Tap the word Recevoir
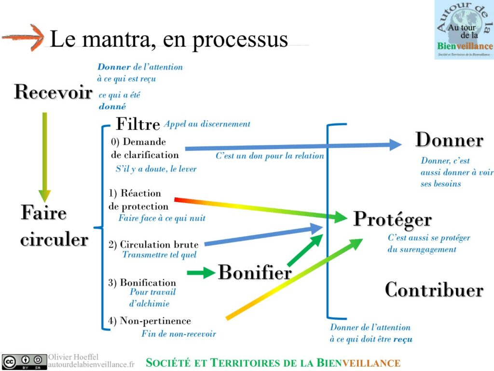tap(53, 92)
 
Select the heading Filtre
tap(138, 124)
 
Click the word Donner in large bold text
tap(449, 140)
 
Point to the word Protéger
tap(392, 219)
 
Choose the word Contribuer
tap(434, 290)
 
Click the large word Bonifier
tap(255, 272)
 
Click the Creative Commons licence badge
tap(24, 362)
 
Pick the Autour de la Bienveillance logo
tap(464, 29)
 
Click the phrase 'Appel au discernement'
tap(207, 124)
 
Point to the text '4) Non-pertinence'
tap(150, 321)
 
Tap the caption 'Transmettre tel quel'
tap(159, 255)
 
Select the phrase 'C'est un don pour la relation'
tap(270, 156)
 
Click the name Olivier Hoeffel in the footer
tap(73, 357)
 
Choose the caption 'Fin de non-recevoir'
tap(178, 334)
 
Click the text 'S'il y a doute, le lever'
tap(156, 169)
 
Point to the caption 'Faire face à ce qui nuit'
tap(162, 218)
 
